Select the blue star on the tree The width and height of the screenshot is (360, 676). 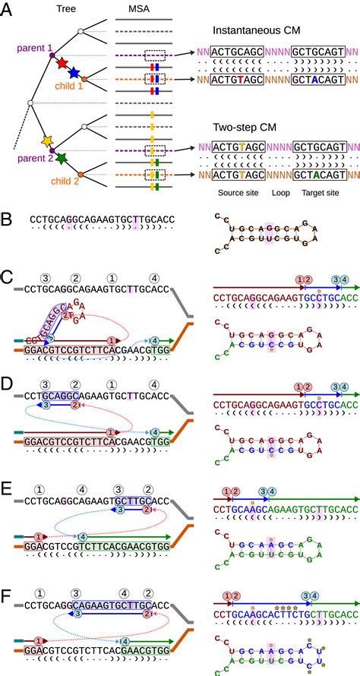[x=73, y=73]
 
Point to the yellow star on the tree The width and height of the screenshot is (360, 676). [x=47, y=141]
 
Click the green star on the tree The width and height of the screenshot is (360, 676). [x=61, y=158]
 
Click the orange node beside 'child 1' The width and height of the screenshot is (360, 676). [x=84, y=79]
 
